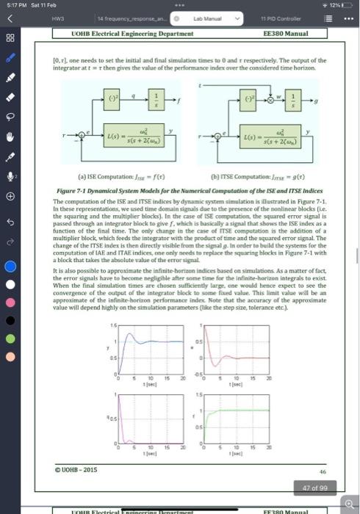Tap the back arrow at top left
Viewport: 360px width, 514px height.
10,20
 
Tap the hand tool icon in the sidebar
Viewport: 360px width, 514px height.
10,136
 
